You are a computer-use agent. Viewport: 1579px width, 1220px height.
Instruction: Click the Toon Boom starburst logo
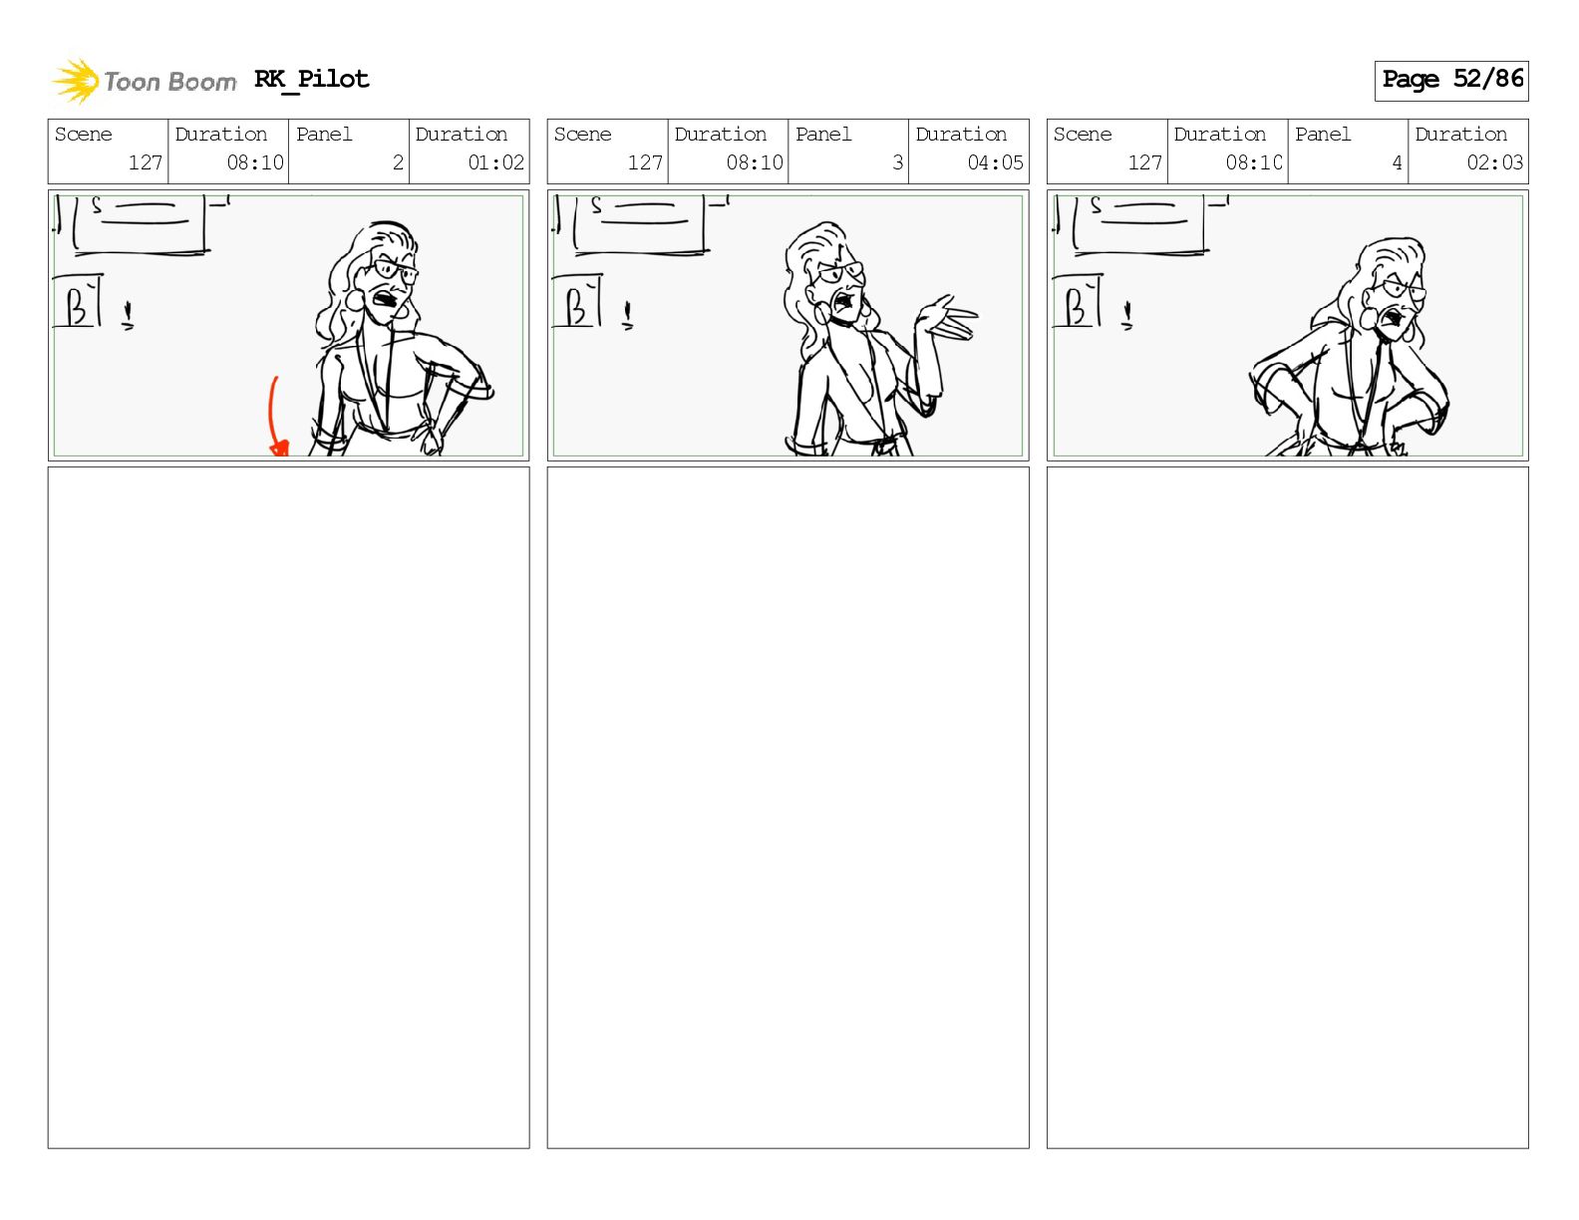click(76, 81)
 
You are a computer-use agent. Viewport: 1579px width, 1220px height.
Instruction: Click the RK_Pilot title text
click(311, 79)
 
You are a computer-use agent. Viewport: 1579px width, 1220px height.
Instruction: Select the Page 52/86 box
click(1450, 81)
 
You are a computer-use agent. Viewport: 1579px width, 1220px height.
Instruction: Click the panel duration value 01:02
click(495, 162)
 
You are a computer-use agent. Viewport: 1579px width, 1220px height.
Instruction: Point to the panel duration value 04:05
click(995, 162)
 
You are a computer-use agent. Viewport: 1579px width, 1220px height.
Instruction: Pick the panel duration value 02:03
click(1494, 162)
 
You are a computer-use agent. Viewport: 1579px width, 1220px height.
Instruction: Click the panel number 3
click(897, 162)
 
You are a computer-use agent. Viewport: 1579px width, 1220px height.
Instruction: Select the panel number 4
click(1397, 162)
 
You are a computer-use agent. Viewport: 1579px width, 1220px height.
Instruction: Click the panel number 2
click(398, 162)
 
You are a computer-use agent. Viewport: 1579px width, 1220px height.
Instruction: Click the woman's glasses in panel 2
click(396, 270)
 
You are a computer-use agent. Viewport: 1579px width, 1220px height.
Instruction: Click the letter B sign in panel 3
click(577, 302)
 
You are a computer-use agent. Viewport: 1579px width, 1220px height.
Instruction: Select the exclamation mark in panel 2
click(128, 315)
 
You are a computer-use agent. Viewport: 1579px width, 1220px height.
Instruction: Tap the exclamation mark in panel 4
click(1127, 315)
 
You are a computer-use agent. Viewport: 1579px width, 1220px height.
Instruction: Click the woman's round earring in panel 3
click(822, 313)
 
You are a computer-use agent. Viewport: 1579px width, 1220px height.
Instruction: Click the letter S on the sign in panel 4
click(1096, 205)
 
